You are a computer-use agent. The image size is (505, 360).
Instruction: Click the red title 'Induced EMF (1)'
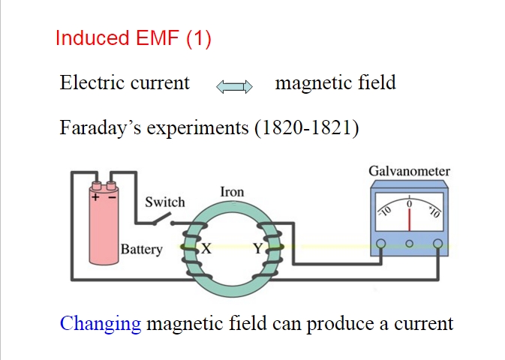(134, 38)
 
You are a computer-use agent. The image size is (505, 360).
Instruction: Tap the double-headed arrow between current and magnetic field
(234, 87)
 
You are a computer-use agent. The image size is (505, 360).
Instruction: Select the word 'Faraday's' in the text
(97, 128)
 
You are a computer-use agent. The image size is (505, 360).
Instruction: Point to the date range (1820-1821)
(306, 128)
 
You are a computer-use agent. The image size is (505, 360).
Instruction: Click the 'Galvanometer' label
(409, 171)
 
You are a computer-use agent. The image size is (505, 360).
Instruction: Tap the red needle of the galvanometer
(409, 218)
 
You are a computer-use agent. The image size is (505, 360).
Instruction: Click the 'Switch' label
(164, 202)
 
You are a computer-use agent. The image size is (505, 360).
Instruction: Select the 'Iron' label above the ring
(232, 192)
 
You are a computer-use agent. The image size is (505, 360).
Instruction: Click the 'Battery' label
(142, 249)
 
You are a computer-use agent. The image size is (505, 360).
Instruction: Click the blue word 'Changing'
(101, 324)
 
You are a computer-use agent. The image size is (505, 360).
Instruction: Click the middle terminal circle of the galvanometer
(409, 243)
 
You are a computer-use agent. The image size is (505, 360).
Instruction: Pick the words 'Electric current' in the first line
(125, 83)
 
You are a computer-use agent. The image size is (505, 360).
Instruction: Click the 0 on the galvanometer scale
(409, 203)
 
